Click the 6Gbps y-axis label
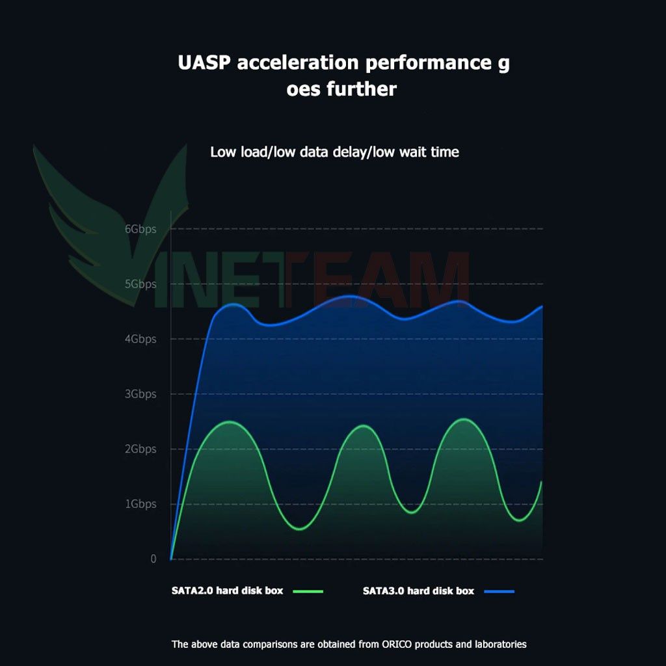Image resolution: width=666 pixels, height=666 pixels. (140, 229)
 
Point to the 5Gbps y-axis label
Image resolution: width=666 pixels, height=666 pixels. (140, 284)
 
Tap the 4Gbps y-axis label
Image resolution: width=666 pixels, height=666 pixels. (140, 339)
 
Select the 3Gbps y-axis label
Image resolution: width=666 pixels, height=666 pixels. (140, 393)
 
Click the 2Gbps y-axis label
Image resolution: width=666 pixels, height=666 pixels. (140, 449)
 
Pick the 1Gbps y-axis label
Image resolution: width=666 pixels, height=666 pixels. (140, 504)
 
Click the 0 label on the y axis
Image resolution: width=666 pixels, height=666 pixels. (153, 559)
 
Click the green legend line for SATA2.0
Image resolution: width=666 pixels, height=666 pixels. (308, 591)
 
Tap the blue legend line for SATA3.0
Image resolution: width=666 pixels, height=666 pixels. (499, 591)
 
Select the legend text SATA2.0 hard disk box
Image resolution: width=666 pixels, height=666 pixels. (227, 591)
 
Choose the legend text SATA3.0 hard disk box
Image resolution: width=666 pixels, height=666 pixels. (418, 591)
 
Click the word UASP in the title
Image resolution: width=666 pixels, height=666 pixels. (204, 63)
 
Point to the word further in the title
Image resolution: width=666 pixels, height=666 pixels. (362, 89)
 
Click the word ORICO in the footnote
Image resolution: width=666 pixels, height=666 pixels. (397, 645)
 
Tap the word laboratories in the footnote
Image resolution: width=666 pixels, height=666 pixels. (500, 645)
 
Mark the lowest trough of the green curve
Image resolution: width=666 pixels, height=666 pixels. (300, 529)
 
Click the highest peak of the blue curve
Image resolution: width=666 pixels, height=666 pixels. (349, 296)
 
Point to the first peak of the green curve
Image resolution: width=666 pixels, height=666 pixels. (230, 421)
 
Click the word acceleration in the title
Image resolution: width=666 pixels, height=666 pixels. (298, 63)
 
